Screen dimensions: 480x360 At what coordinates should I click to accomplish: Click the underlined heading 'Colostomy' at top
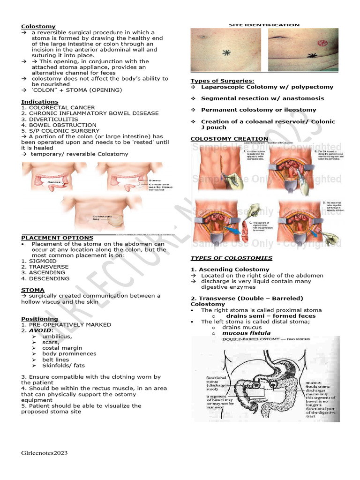(x=38, y=26)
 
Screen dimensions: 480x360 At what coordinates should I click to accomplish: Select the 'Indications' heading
(x=40, y=102)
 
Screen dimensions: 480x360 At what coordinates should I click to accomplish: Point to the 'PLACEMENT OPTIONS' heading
(x=57, y=238)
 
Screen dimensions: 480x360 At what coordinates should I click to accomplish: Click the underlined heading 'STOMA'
(x=33, y=290)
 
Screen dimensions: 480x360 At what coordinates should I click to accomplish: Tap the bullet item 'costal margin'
(x=62, y=348)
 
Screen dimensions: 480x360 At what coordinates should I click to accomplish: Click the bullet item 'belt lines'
(x=55, y=360)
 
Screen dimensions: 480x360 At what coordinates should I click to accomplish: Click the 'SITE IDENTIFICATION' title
(x=264, y=25)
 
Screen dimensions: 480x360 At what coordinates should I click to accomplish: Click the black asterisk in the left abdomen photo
(x=227, y=52)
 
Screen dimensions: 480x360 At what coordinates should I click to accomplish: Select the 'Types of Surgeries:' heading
(x=222, y=81)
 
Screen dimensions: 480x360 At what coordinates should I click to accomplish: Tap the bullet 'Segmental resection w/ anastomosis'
(x=262, y=98)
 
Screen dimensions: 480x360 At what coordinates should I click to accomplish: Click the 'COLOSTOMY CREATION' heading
(x=229, y=139)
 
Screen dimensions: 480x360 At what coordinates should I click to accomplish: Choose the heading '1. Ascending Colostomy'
(x=230, y=270)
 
